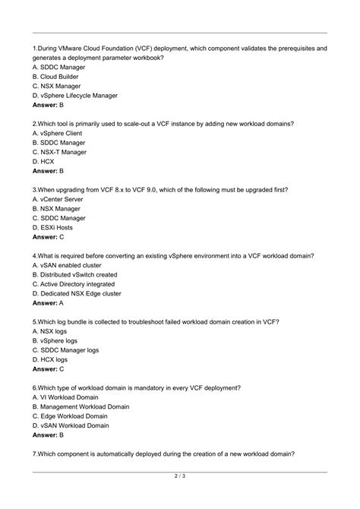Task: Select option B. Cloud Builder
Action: click(58, 77)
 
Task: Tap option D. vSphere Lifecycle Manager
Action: click(75, 96)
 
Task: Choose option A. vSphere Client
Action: click(58, 133)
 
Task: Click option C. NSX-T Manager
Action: click(60, 152)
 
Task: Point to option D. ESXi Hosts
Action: click(53, 226)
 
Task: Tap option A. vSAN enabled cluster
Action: click(68, 265)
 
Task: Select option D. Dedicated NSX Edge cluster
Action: click(77, 293)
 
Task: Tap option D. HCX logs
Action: click(52, 359)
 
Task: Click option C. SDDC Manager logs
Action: click(67, 350)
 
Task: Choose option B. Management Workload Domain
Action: click(81, 406)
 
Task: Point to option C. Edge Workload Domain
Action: click(71, 416)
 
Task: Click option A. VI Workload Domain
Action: click(66, 397)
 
